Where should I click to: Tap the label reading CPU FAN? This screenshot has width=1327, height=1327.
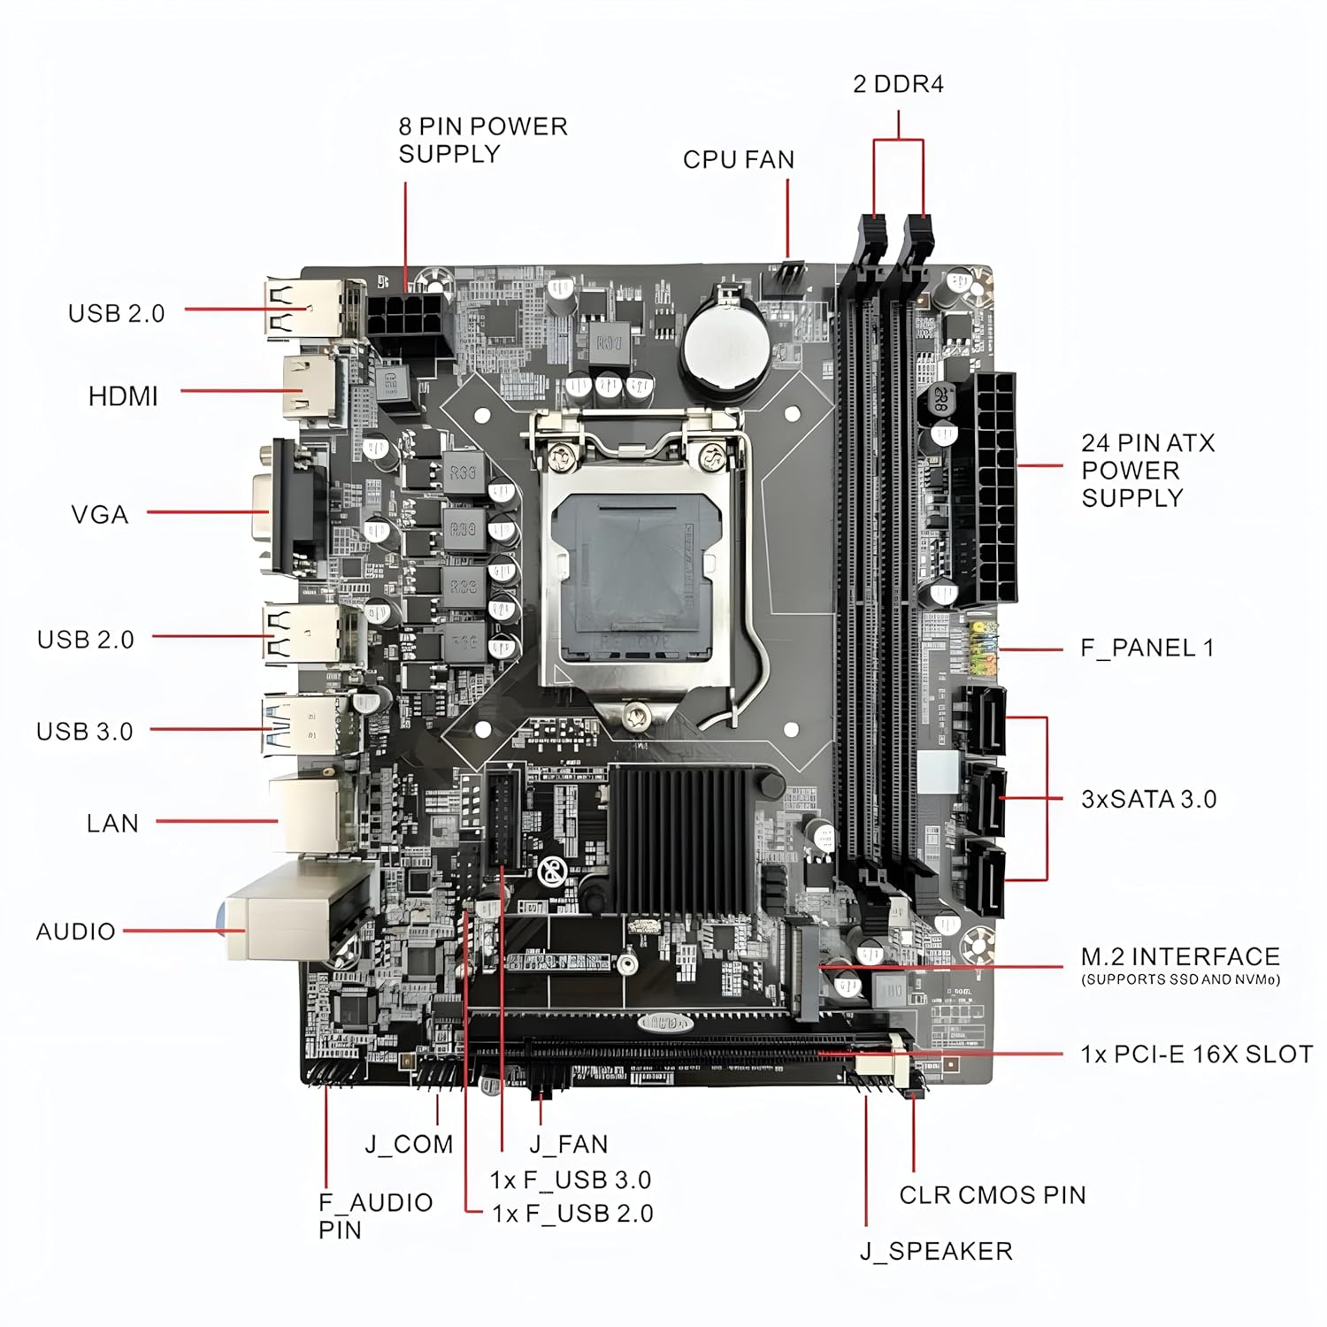pyautogui.click(x=739, y=160)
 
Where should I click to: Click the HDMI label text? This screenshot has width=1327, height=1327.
pyautogui.click(x=123, y=396)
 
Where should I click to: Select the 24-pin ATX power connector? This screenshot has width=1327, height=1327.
pyautogui.click(x=985, y=488)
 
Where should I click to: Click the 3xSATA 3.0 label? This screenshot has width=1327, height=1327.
pyautogui.click(x=1149, y=799)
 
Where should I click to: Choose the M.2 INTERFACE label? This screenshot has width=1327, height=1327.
pyautogui.click(x=1180, y=956)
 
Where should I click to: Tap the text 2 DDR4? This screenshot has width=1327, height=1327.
pyautogui.click(x=898, y=84)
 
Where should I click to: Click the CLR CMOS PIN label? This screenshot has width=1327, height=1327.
pyautogui.click(x=993, y=1195)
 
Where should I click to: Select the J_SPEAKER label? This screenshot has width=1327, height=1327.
pyautogui.click(x=936, y=1252)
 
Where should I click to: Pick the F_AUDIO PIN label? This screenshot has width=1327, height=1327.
pyautogui.click(x=376, y=1216)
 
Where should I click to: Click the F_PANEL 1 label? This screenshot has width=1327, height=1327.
pyautogui.click(x=1147, y=648)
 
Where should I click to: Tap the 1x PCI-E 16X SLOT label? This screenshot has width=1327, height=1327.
pyautogui.click(x=1196, y=1055)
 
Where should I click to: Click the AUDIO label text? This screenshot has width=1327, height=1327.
pyautogui.click(x=76, y=932)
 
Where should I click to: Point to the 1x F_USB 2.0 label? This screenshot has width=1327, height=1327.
pyautogui.click(x=572, y=1214)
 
